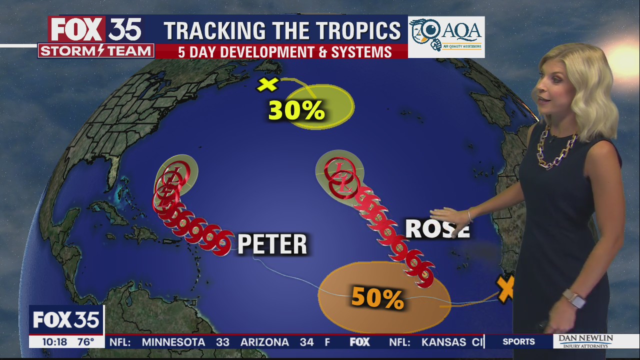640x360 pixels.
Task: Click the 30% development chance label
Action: tap(297, 110)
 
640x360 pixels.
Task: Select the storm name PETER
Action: tap(272, 244)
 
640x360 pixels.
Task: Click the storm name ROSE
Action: tap(437, 228)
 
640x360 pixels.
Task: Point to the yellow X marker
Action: tap(267, 84)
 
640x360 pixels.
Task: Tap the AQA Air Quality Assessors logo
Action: tap(446, 36)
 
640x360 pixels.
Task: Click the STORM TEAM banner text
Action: tap(95, 51)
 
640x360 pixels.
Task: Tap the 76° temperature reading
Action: tap(85, 342)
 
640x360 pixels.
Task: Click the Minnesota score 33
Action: tap(222, 342)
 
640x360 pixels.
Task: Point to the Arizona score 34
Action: tap(306, 342)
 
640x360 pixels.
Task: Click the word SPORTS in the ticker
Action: tap(518, 342)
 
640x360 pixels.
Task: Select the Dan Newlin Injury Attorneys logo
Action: tap(585, 342)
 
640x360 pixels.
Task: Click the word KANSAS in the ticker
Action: tap(443, 342)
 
